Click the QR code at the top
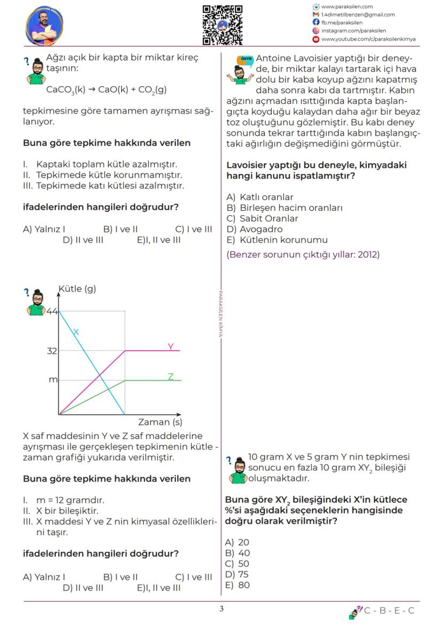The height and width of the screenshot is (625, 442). point(222,25)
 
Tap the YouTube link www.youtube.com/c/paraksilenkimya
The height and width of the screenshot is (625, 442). point(368,39)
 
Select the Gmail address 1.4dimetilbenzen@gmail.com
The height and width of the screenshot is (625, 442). point(358,15)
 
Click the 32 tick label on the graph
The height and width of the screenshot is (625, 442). point(51,351)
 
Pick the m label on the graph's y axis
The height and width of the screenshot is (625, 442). point(53,380)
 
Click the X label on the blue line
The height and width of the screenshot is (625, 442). point(76,332)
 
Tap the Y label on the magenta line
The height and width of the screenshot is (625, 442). point(171,346)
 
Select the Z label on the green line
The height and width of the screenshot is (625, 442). point(171,376)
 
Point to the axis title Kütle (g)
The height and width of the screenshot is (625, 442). point(77,289)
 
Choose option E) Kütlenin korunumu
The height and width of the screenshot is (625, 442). point(277,240)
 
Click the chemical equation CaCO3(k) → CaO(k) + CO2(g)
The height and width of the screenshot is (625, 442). point(106,90)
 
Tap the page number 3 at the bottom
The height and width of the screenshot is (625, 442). point(221,610)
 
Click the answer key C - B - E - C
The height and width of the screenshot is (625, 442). point(389,611)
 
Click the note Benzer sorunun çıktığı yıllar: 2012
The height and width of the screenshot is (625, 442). point(303,255)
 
